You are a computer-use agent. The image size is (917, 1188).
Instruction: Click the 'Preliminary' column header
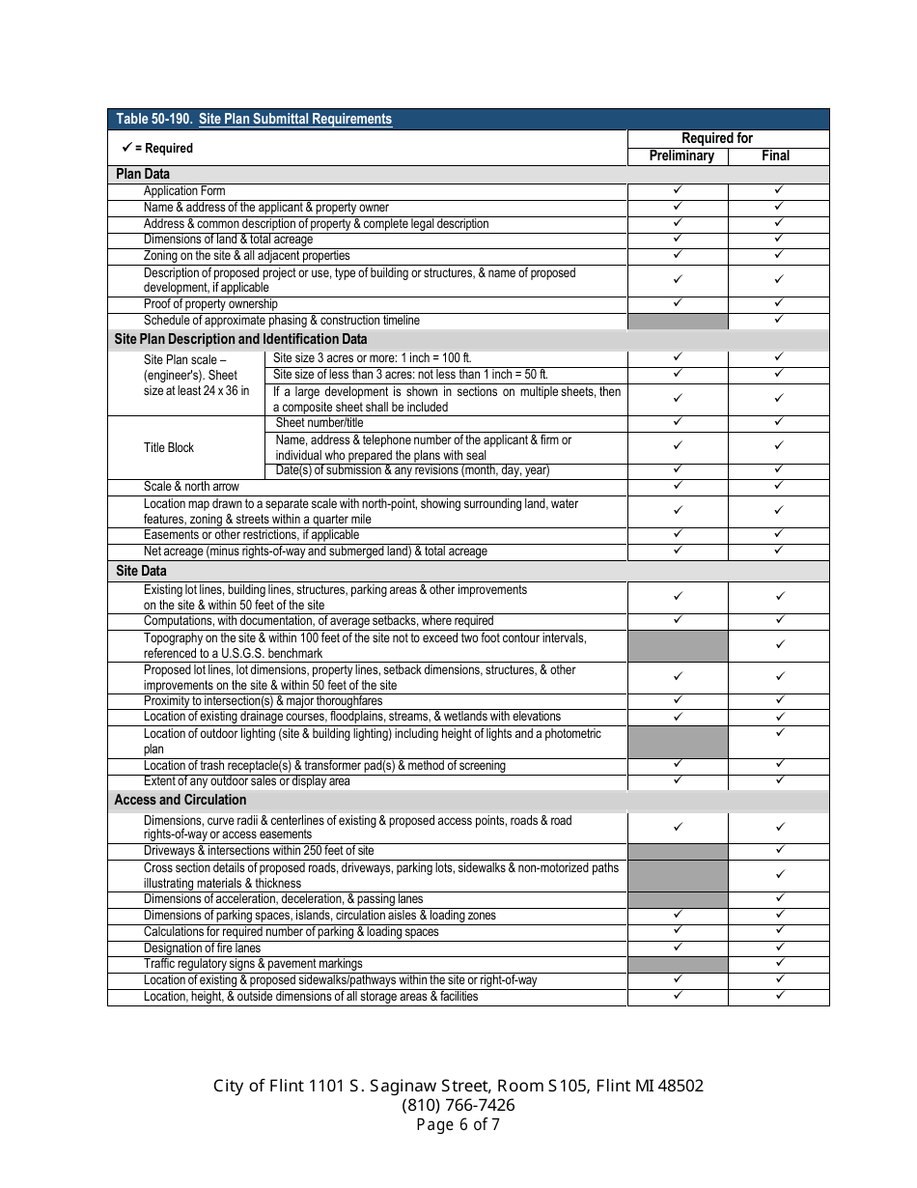pos(681,156)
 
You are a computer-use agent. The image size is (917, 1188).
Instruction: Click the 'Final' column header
pos(775,156)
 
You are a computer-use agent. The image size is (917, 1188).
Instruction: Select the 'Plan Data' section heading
pos(143,174)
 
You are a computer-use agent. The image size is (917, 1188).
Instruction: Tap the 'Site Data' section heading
pos(141,571)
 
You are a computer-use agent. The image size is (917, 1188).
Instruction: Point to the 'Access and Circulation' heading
pos(181,800)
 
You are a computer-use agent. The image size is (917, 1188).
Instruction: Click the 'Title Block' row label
pos(169,447)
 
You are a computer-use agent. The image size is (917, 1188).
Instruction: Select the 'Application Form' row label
pos(184,191)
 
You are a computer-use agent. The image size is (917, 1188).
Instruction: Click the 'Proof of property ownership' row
pos(210,304)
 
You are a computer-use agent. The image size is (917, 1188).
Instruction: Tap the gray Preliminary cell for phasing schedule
pos(678,321)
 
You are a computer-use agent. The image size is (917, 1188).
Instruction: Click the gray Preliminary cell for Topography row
pos(678,645)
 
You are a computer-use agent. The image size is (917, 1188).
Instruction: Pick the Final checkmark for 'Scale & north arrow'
pos(779,485)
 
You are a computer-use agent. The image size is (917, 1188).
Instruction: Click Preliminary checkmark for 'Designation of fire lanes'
pos(678,947)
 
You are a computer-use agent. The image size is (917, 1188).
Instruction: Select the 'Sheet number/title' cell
pos(320,423)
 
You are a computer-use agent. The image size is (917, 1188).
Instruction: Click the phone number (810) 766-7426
pos(458,1105)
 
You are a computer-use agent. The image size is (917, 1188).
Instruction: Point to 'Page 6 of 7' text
pos(458,1124)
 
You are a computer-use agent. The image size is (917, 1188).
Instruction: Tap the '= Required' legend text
pos(163,148)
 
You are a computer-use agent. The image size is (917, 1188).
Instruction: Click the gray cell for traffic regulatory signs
pos(678,964)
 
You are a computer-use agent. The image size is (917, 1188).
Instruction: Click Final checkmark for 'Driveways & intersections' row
pos(779,850)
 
